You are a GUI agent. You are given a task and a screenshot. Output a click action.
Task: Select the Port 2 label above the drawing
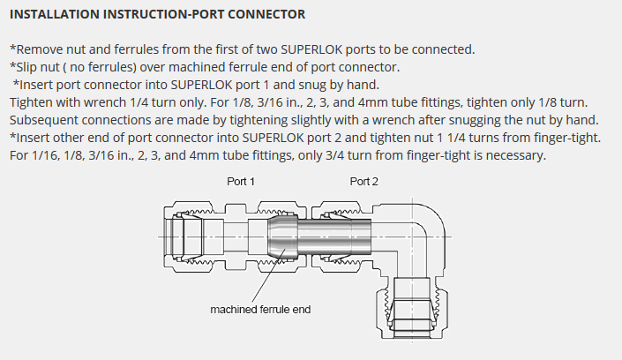pyautogui.click(x=364, y=181)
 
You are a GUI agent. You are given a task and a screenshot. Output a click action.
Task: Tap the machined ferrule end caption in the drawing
pyautogui.click(x=260, y=310)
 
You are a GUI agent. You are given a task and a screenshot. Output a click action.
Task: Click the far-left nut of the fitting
pyautogui.click(x=187, y=236)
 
